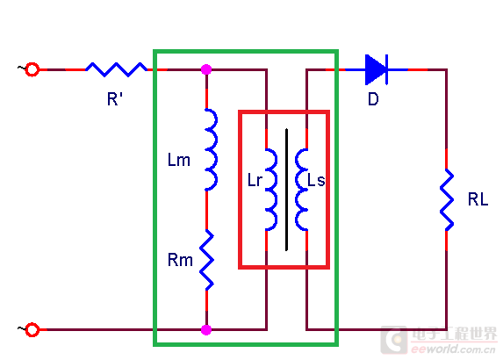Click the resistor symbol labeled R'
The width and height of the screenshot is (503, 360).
(x=117, y=69)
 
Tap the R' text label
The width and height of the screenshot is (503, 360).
(x=115, y=99)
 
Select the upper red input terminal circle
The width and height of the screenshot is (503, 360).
(x=32, y=69)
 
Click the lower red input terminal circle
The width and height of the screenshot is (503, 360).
(x=32, y=330)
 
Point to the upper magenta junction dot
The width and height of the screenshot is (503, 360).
(x=206, y=69)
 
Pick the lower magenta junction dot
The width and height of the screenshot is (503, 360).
(x=206, y=330)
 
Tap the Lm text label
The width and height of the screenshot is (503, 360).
(x=179, y=160)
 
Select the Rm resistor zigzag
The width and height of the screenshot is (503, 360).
(x=207, y=260)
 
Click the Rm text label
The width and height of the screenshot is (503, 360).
(x=180, y=260)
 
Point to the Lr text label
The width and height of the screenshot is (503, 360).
(x=255, y=180)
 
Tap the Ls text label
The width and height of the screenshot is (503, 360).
(x=316, y=180)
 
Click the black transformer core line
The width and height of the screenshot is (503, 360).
(x=286, y=190)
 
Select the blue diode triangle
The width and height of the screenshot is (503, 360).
(x=376, y=69)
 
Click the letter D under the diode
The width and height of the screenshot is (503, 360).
(x=373, y=99)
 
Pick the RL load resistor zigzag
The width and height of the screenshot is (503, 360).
(x=447, y=199)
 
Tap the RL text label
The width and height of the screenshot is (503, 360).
(x=478, y=199)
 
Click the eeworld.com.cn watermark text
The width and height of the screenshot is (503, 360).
(x=453, y=349)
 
